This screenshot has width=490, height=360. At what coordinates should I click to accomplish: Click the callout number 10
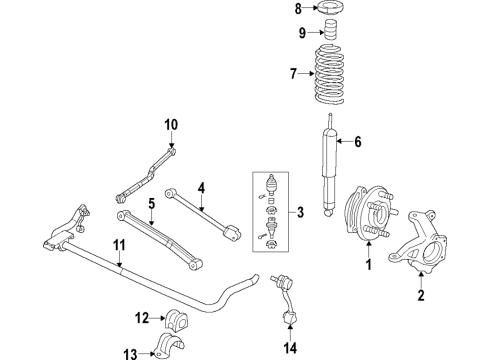click(x=171, y=124)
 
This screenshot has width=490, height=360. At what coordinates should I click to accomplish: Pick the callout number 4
click(x=200, y=186)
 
